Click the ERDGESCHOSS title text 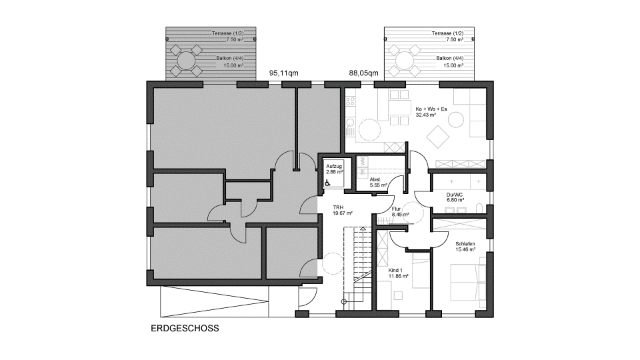tap(185, 329)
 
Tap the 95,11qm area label tap(284, 73)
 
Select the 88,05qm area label tap(363, 73)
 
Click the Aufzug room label tap(334, 166)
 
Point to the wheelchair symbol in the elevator tap(327, 183)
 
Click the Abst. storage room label tap(375, 179)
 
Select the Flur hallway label tap(396, 209)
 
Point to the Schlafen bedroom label tap(465, 244)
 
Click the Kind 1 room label tap(395, 270)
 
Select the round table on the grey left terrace tap(186, 61)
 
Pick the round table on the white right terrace tap(404, 61)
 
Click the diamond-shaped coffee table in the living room tap(438, 136)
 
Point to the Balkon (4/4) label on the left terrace tap(230, 59)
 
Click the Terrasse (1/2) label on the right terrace tap(448, 33)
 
